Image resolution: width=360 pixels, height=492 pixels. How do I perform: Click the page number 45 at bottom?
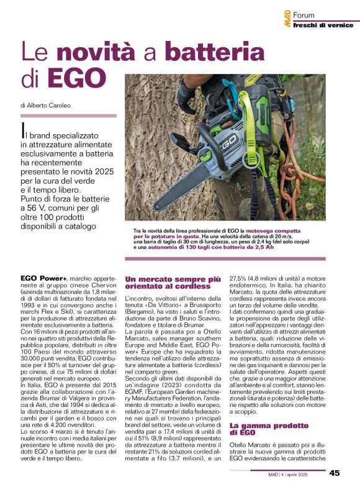(335, 473)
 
